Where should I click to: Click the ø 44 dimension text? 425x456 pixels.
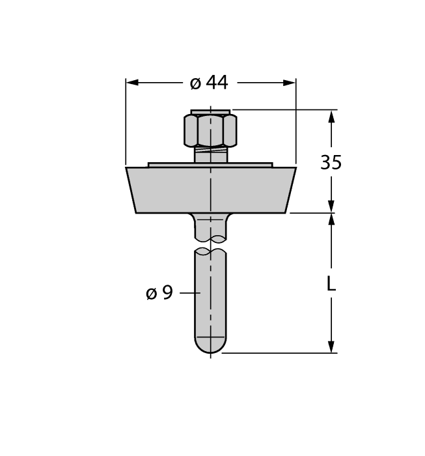point(209,83)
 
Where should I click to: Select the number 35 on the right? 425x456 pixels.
point(331,162)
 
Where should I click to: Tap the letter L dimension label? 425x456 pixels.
point(331,284)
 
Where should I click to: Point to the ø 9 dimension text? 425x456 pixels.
point(159,293)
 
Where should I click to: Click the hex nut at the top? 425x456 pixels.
point(210,130)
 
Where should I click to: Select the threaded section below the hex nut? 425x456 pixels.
point(210,155)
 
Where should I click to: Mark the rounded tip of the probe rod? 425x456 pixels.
point(210,345)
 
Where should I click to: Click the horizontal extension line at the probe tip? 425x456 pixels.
point(280,354)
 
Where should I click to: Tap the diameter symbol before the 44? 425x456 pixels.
point(195,83)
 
